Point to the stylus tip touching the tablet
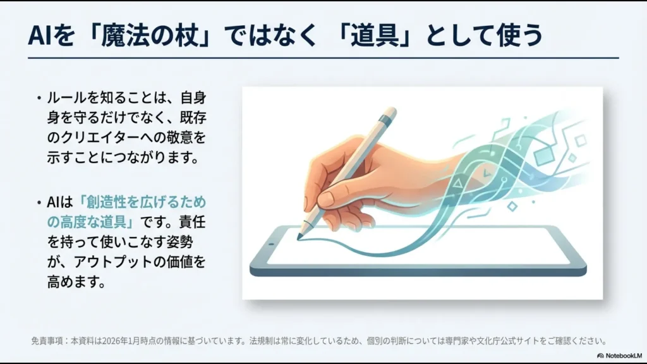pos(300,236)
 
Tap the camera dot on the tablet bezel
pos(270,243)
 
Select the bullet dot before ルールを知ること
pos(39,99)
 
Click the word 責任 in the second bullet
pos(192,222)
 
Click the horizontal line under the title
pos(323,58)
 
